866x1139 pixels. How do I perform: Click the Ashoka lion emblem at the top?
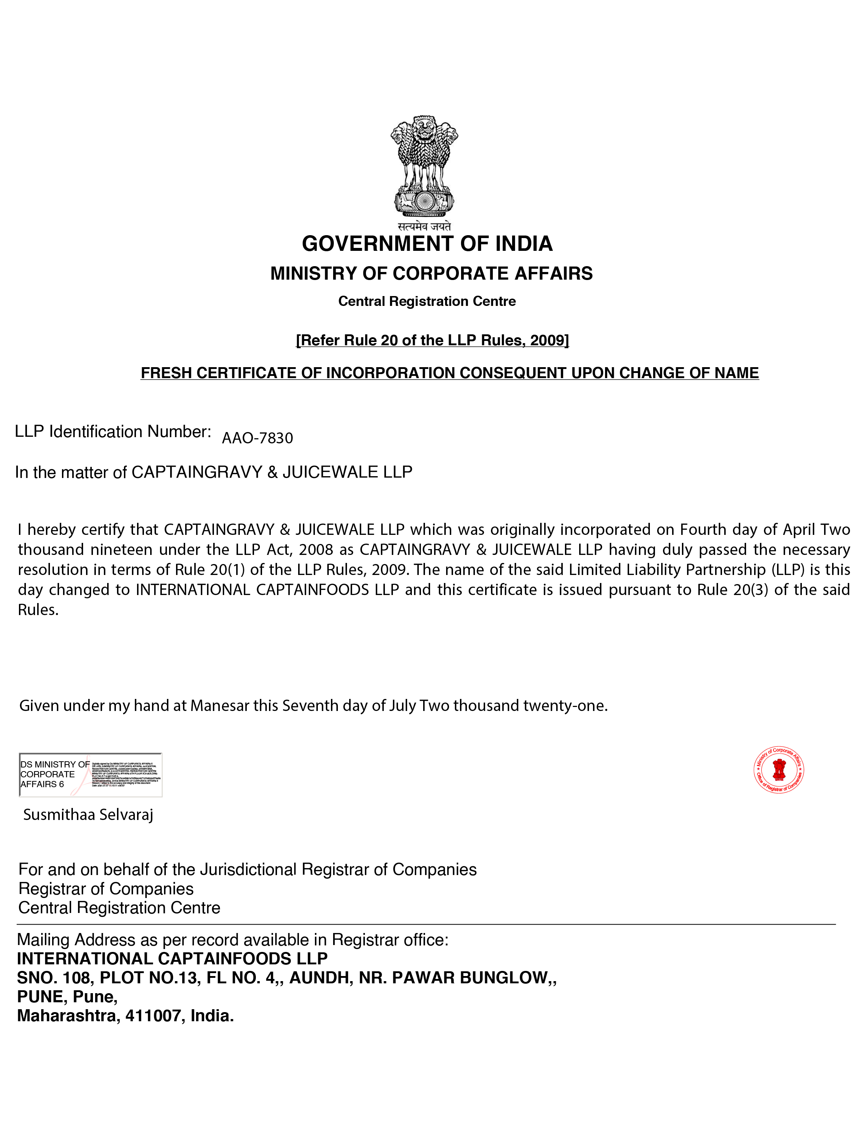coord(424,166)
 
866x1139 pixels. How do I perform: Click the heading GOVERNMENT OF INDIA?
coord(427,244)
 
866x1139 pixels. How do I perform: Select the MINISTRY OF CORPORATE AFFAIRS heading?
coord(432,273)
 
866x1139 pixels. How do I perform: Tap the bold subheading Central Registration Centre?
coord(427,301)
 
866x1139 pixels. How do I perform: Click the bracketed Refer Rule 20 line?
coord(432,340)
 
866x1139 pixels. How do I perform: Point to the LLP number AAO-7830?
coord(257,438)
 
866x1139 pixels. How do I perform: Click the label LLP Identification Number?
coord(113,432)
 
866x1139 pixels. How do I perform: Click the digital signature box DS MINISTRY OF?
coord(90,774)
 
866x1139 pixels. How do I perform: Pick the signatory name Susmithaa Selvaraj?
coord(88,815)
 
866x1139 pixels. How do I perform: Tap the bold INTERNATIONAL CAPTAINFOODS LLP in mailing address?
coord(172,959)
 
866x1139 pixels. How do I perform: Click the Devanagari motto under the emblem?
coord(424,226)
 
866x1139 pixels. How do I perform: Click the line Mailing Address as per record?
coord(233,940)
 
